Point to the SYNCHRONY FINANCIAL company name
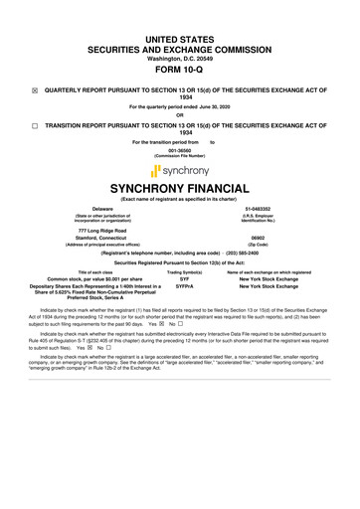coord(179,189)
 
